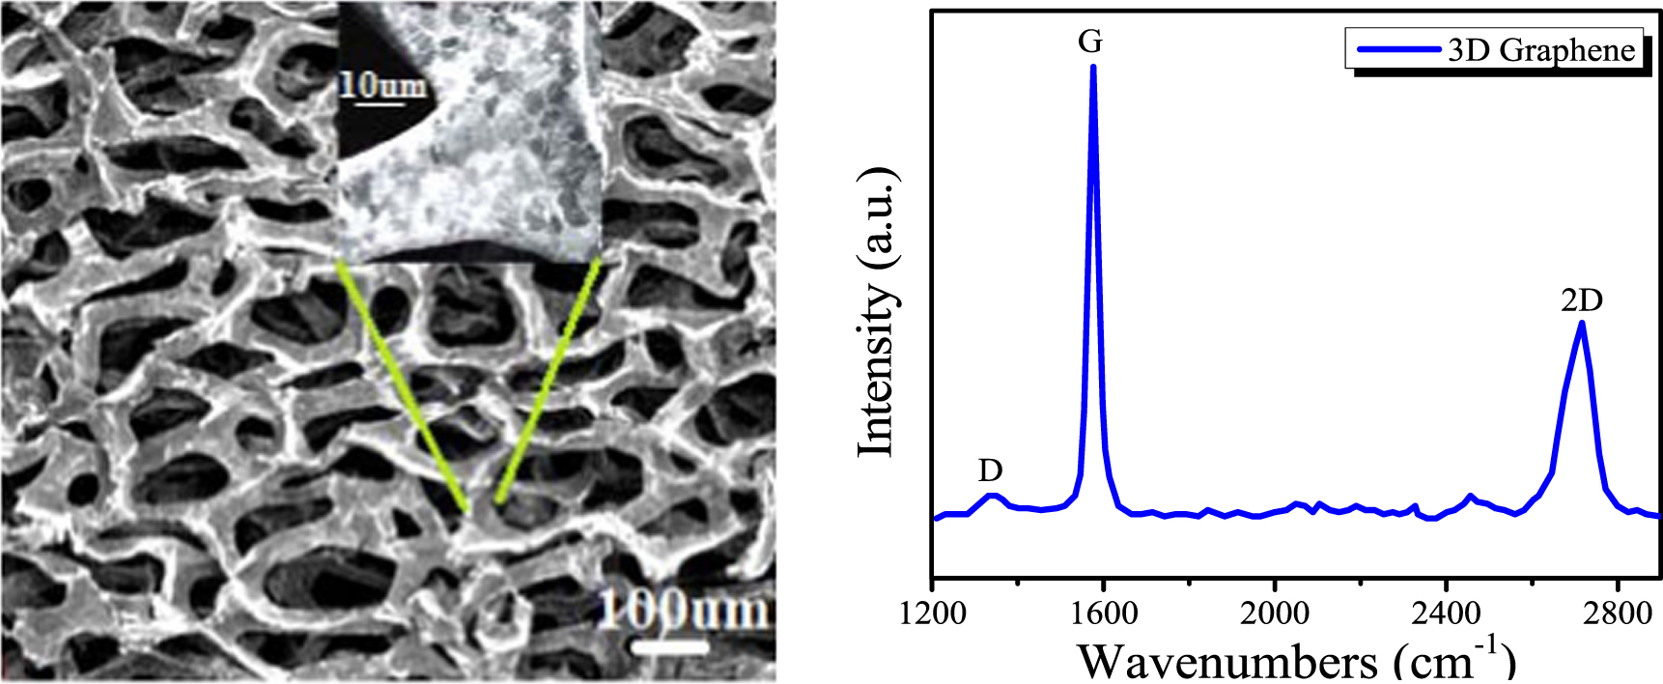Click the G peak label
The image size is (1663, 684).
tap(1090, 42)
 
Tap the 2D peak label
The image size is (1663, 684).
tap(1581, 300)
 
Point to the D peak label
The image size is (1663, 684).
tap(990, 470)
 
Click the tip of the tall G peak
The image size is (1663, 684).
tap(1093, 68)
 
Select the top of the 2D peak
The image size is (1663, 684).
tap(1581, 324)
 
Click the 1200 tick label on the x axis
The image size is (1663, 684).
tap(932, 613)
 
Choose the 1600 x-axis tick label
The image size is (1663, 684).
tap(1103, 613)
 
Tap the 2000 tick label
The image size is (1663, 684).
tap(1275, 613)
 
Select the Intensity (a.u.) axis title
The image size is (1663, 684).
tap(877, 311)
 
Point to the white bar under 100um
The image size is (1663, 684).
tap(676, 646)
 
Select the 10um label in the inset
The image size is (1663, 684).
tap(381, 86)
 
